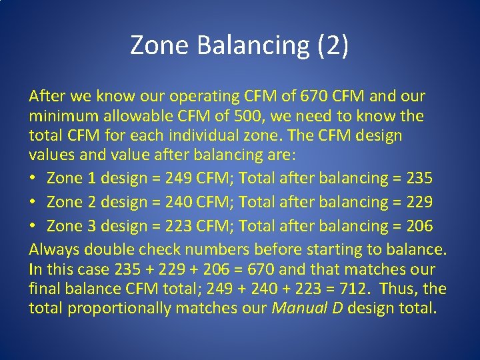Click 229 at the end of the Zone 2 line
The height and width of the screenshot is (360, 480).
(x=417, y=202)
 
